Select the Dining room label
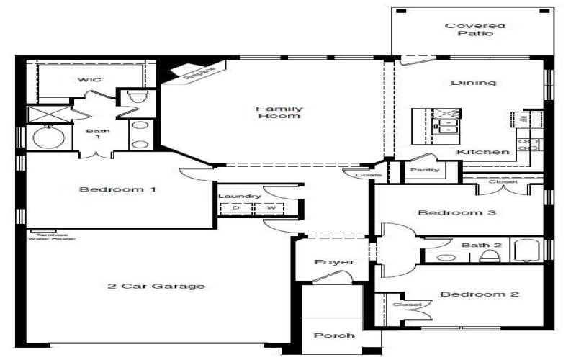[x=473, y=83]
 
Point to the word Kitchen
[x=483, y=152]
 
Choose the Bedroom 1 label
[x=117, y=190]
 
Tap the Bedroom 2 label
[x=470, y=294]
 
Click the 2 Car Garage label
[x=156, y=286]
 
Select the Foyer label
[x=334, y=261]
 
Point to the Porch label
[x=334, y=336]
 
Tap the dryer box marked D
[x=235, y=208]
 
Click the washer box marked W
[x=271, y=208]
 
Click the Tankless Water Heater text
[x=52, y=237]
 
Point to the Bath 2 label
[x=475, y=246]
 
